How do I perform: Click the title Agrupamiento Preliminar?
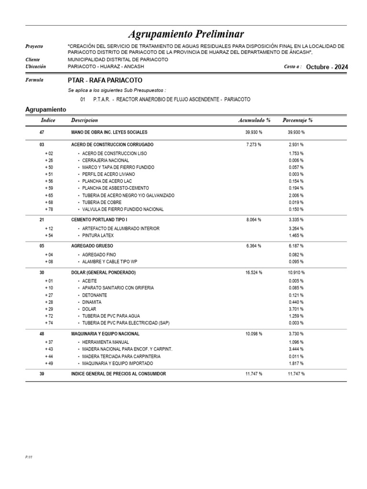(186, 34)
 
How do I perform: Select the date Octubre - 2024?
(327, 67)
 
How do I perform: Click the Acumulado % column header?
(254, 120)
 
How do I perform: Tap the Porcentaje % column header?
(297, 120)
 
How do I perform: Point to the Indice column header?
(48, 120)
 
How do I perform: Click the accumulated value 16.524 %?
(254, 272)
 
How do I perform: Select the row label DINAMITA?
(92, 302)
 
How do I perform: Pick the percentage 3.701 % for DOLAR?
(296, 309)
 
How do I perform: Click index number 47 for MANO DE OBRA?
(42, 132)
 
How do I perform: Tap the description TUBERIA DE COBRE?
(102, 202)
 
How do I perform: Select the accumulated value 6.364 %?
(254, 246)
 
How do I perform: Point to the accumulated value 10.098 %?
(254, 333)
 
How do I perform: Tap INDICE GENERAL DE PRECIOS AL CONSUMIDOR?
(119, 374)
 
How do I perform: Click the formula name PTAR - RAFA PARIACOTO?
(105, 81)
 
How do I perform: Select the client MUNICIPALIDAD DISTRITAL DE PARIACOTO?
(118, 60)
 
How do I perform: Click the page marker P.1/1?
(29, 457)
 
